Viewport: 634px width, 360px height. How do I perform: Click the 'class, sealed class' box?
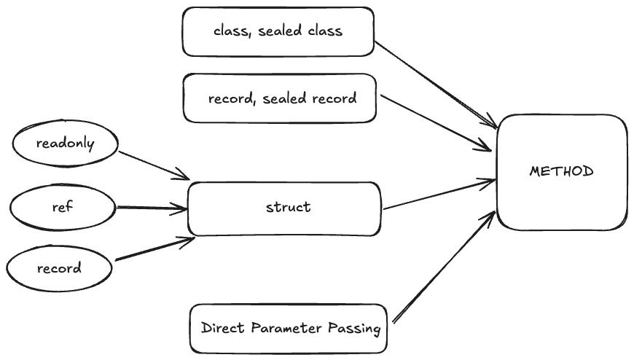(278, 31)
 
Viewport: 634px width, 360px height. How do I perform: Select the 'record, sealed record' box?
(280, 98)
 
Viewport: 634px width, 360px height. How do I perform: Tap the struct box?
(284, 208)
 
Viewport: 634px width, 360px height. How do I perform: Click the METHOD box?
(561, 172)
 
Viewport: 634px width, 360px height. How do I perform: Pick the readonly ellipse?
(65, 144)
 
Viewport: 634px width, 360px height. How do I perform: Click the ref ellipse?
(62, 207)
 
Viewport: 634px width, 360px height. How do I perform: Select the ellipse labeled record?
(60, 268)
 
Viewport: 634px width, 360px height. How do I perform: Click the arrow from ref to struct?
(151, 208)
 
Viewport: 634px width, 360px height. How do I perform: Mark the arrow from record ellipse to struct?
(153, 249)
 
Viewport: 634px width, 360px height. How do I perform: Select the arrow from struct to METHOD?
(439, 194)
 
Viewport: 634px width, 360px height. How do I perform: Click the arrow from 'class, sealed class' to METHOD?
(436, 84)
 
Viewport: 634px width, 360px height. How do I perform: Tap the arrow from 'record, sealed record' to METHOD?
(436, 122)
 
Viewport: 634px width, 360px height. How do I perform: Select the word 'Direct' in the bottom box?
(222, 329)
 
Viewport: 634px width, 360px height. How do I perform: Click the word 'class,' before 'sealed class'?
(231, 31)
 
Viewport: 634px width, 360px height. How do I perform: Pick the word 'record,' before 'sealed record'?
(231, 98)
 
